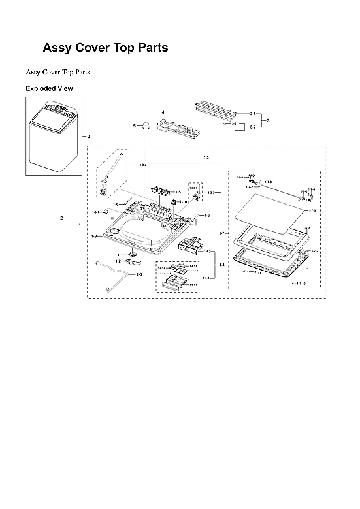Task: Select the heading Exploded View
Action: [49, 88]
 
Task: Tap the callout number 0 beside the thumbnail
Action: [88, 137]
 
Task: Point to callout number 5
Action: [134, 125]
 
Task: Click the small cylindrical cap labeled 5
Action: [147, 125]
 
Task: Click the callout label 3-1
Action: [252, 114]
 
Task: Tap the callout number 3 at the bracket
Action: [269, 120]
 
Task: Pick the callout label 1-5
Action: [177, 192]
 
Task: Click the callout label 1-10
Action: [184, 202]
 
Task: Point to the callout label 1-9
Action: [95, 235]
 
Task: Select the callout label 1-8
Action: [138, 274]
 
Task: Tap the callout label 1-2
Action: [118, 261]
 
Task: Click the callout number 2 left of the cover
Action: [61, 218]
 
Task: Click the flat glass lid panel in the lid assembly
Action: [269, 211]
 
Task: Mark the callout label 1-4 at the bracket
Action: [221, 265]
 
